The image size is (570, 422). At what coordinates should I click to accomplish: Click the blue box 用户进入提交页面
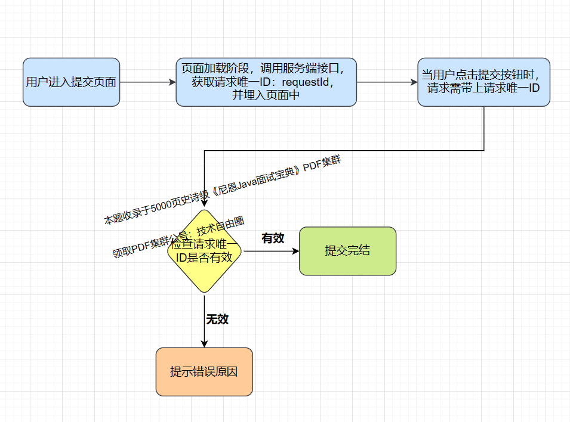(72, 82)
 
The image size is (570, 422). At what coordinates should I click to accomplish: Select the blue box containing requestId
(266, 82)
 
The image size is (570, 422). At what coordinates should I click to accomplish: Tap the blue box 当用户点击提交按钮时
(483, 82)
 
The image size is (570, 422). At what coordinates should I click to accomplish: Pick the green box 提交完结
(347, 251)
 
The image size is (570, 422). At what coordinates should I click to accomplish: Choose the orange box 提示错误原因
(204, 372)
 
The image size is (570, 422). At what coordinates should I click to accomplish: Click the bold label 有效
(273, 238)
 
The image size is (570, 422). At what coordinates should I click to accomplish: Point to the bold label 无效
(217, 319)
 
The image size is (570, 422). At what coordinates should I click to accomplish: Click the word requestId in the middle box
(307, 82)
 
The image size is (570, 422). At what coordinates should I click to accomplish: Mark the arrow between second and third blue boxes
(387, 82)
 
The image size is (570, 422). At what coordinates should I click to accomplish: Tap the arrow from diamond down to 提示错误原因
(205, 322)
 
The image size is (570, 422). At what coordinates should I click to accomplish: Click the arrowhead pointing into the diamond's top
(205, 203)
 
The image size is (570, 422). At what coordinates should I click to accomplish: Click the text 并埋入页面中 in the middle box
(266, 94)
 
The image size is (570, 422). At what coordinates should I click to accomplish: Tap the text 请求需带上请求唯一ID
(483, 88)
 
